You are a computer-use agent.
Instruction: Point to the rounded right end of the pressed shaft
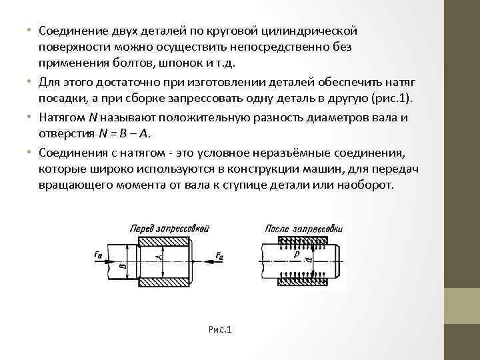point(342,256)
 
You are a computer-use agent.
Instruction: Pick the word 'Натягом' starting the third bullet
point(61,117)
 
